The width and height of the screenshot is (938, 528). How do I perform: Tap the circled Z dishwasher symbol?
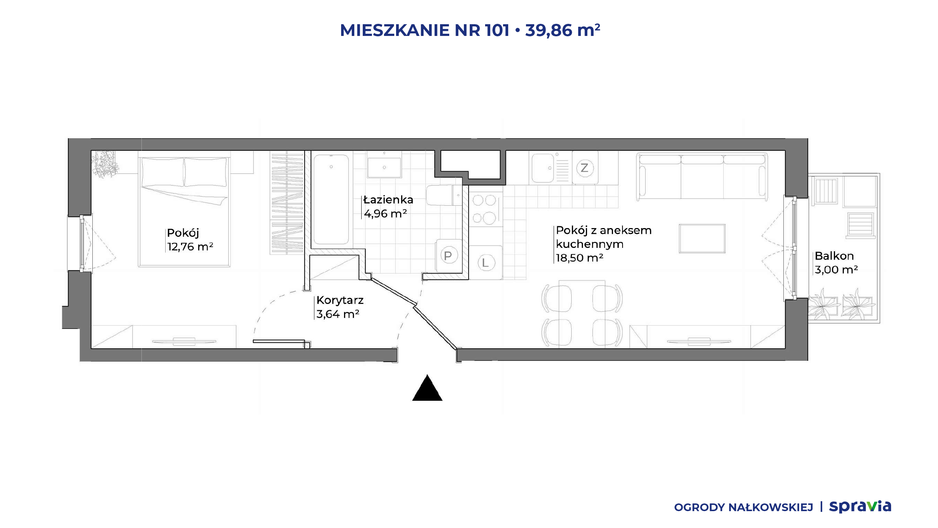(585, 168)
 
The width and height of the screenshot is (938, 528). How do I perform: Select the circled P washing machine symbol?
(448, 256)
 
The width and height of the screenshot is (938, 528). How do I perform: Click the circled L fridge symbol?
(486, 263)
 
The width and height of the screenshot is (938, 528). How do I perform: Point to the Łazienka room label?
(388, 200)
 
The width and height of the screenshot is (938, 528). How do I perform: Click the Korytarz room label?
(340, 300)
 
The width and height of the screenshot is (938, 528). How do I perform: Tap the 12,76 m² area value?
(190, 246)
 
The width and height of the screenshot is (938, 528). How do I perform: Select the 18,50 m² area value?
(579, 258)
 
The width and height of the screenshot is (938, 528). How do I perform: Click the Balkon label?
(834, 256)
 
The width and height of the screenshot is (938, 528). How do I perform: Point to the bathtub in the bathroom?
(331, 199)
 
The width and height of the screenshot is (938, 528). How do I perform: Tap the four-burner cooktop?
(485, 209)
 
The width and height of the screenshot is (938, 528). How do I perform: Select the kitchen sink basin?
(543, 168)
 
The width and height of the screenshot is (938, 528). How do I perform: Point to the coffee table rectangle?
(702, 239)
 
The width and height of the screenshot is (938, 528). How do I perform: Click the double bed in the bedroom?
(184, 212)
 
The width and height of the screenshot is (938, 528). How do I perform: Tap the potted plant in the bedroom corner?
(105, 165)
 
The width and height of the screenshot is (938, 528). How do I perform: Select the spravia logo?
(860, 506)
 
